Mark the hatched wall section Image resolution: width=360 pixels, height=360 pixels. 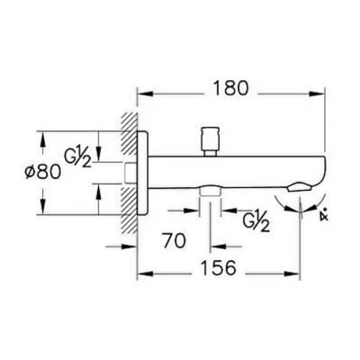(125, 171)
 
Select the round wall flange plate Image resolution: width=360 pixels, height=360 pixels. (140, 171)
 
